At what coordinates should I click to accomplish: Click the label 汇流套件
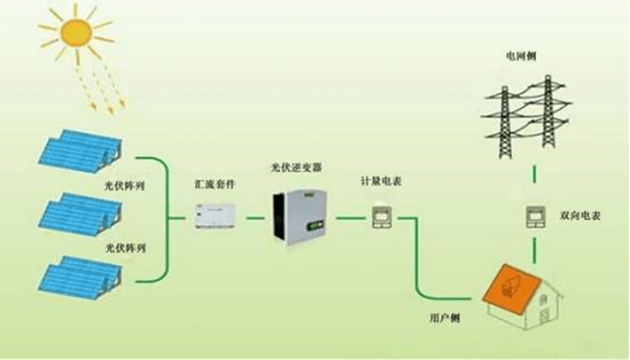[x=217, y=186]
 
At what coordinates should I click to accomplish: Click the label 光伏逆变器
[x=296, y=168]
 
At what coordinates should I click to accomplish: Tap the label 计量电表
[x=383, y=180]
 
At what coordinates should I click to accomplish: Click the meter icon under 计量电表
[x=384, y=217]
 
